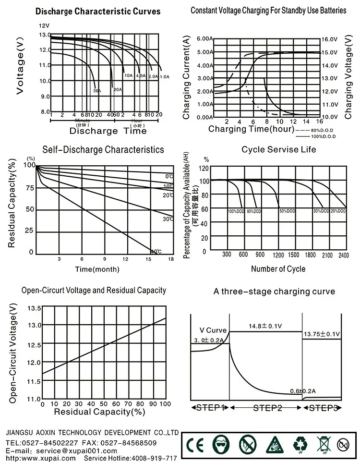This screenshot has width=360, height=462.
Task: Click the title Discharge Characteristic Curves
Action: (x=98, y=11)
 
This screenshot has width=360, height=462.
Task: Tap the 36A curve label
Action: (x=97, y=90)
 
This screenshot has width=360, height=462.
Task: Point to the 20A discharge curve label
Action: (x=118, y=89)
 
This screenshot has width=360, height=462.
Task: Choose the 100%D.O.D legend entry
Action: (x=323, y=136)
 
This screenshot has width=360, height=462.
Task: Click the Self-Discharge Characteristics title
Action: (x=103, y=150)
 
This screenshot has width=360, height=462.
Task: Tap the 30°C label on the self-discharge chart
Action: (x=168, y=219)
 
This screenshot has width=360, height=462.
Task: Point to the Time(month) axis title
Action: (x=97, y=269)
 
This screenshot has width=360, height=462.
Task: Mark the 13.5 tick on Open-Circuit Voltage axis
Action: (x=35, y=308)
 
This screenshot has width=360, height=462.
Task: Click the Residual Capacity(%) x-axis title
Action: (x=99, y=412)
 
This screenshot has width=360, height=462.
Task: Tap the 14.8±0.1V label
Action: (x=265, y=327)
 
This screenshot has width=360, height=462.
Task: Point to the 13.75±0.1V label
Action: (x=321, y=334)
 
